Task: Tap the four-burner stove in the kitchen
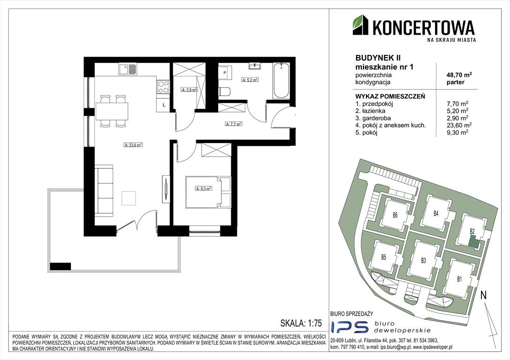point(163,87)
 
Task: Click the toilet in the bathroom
point(224,91)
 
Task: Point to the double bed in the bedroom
point(208,191)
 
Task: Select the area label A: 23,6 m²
point(133,145)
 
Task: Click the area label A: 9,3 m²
point(203,188)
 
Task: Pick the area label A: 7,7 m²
point(233,124)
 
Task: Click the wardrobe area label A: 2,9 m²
point(189,89)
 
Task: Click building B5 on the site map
point(383,257)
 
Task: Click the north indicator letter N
point(484,295)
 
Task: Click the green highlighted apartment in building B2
point(474,242)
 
